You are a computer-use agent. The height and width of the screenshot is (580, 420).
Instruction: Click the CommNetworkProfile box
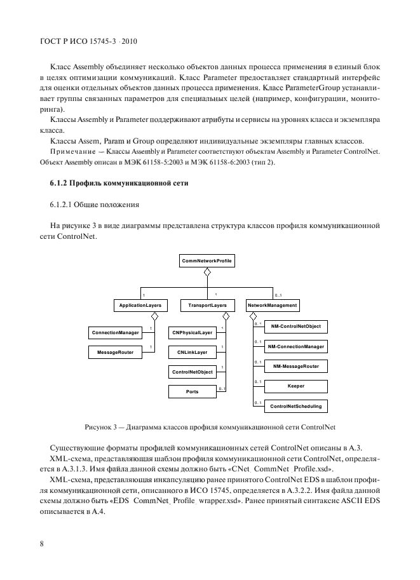tap(207, 261)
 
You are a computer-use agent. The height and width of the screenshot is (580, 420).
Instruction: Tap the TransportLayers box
tap(203, 306)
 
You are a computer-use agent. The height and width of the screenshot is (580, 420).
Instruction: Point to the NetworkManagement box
tap(272, 306)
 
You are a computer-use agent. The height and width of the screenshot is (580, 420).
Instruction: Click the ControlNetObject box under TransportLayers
tap(192, 372)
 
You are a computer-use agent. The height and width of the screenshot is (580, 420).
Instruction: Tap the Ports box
tap(192, 392)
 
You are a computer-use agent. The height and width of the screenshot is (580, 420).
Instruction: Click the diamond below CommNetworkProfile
tap(207, 273)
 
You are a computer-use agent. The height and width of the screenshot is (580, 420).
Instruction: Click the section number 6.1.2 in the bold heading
tap(58, 184)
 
